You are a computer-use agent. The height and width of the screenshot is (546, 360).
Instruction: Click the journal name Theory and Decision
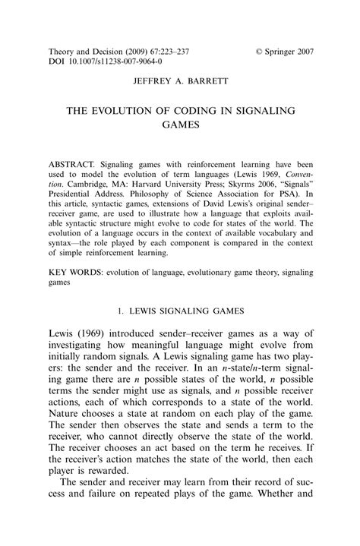[83, 52]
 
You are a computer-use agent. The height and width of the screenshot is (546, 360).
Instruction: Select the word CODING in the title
[199, 110]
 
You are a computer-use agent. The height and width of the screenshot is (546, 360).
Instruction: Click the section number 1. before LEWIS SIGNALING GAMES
[122, 311]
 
